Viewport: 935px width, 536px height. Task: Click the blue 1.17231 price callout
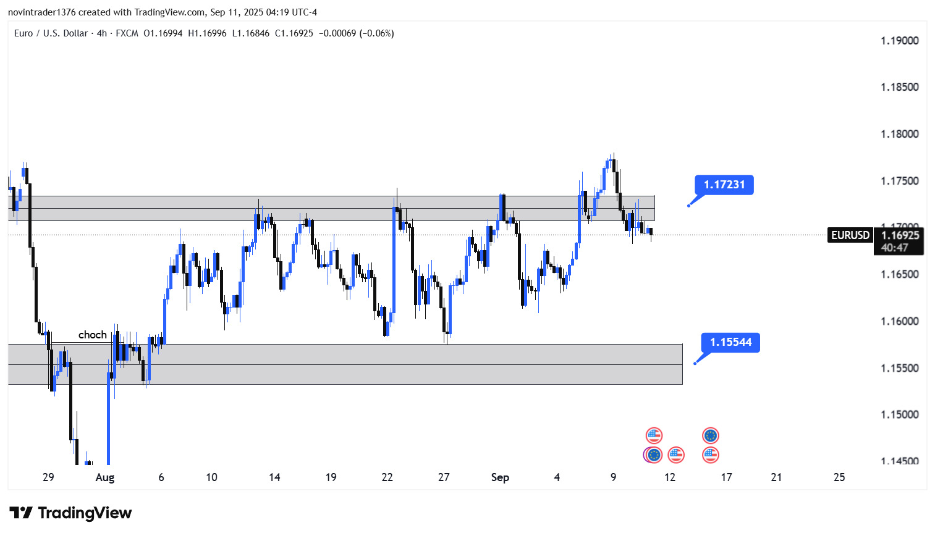[x=724, y=185]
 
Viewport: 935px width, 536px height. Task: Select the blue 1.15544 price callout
[x=730, y=342]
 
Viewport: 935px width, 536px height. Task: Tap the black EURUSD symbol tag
[x=850, y=235]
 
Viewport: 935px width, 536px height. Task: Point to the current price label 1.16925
[x=900, y=235]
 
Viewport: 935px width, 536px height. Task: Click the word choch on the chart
[x=92, y=335]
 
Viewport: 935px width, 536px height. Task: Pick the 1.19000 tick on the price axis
[x=899, y=41]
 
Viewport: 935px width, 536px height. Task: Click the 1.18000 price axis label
[x=899, y=134]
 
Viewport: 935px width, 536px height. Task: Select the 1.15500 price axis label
[x=899, y=368]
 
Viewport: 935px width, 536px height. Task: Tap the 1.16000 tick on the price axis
[x=899, y=321]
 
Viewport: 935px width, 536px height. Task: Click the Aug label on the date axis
[x=105, y=477]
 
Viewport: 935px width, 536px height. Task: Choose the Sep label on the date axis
[x=500, y=477]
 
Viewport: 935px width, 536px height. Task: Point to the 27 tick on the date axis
[x=444, y=477]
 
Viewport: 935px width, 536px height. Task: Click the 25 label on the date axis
[x=839, y=477]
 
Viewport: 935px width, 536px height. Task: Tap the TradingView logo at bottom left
[x=70, y=513]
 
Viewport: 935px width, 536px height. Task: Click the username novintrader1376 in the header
[x=41, y=12]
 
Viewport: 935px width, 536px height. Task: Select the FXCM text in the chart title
[x=127, y=33]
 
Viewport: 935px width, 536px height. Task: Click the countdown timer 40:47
[x=894, y=248]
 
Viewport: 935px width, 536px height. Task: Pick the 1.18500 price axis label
[x=899, y=87]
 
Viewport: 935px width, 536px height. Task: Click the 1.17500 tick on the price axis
[x=899, y=181]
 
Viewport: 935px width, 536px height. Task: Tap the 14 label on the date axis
[x=274, y=477]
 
